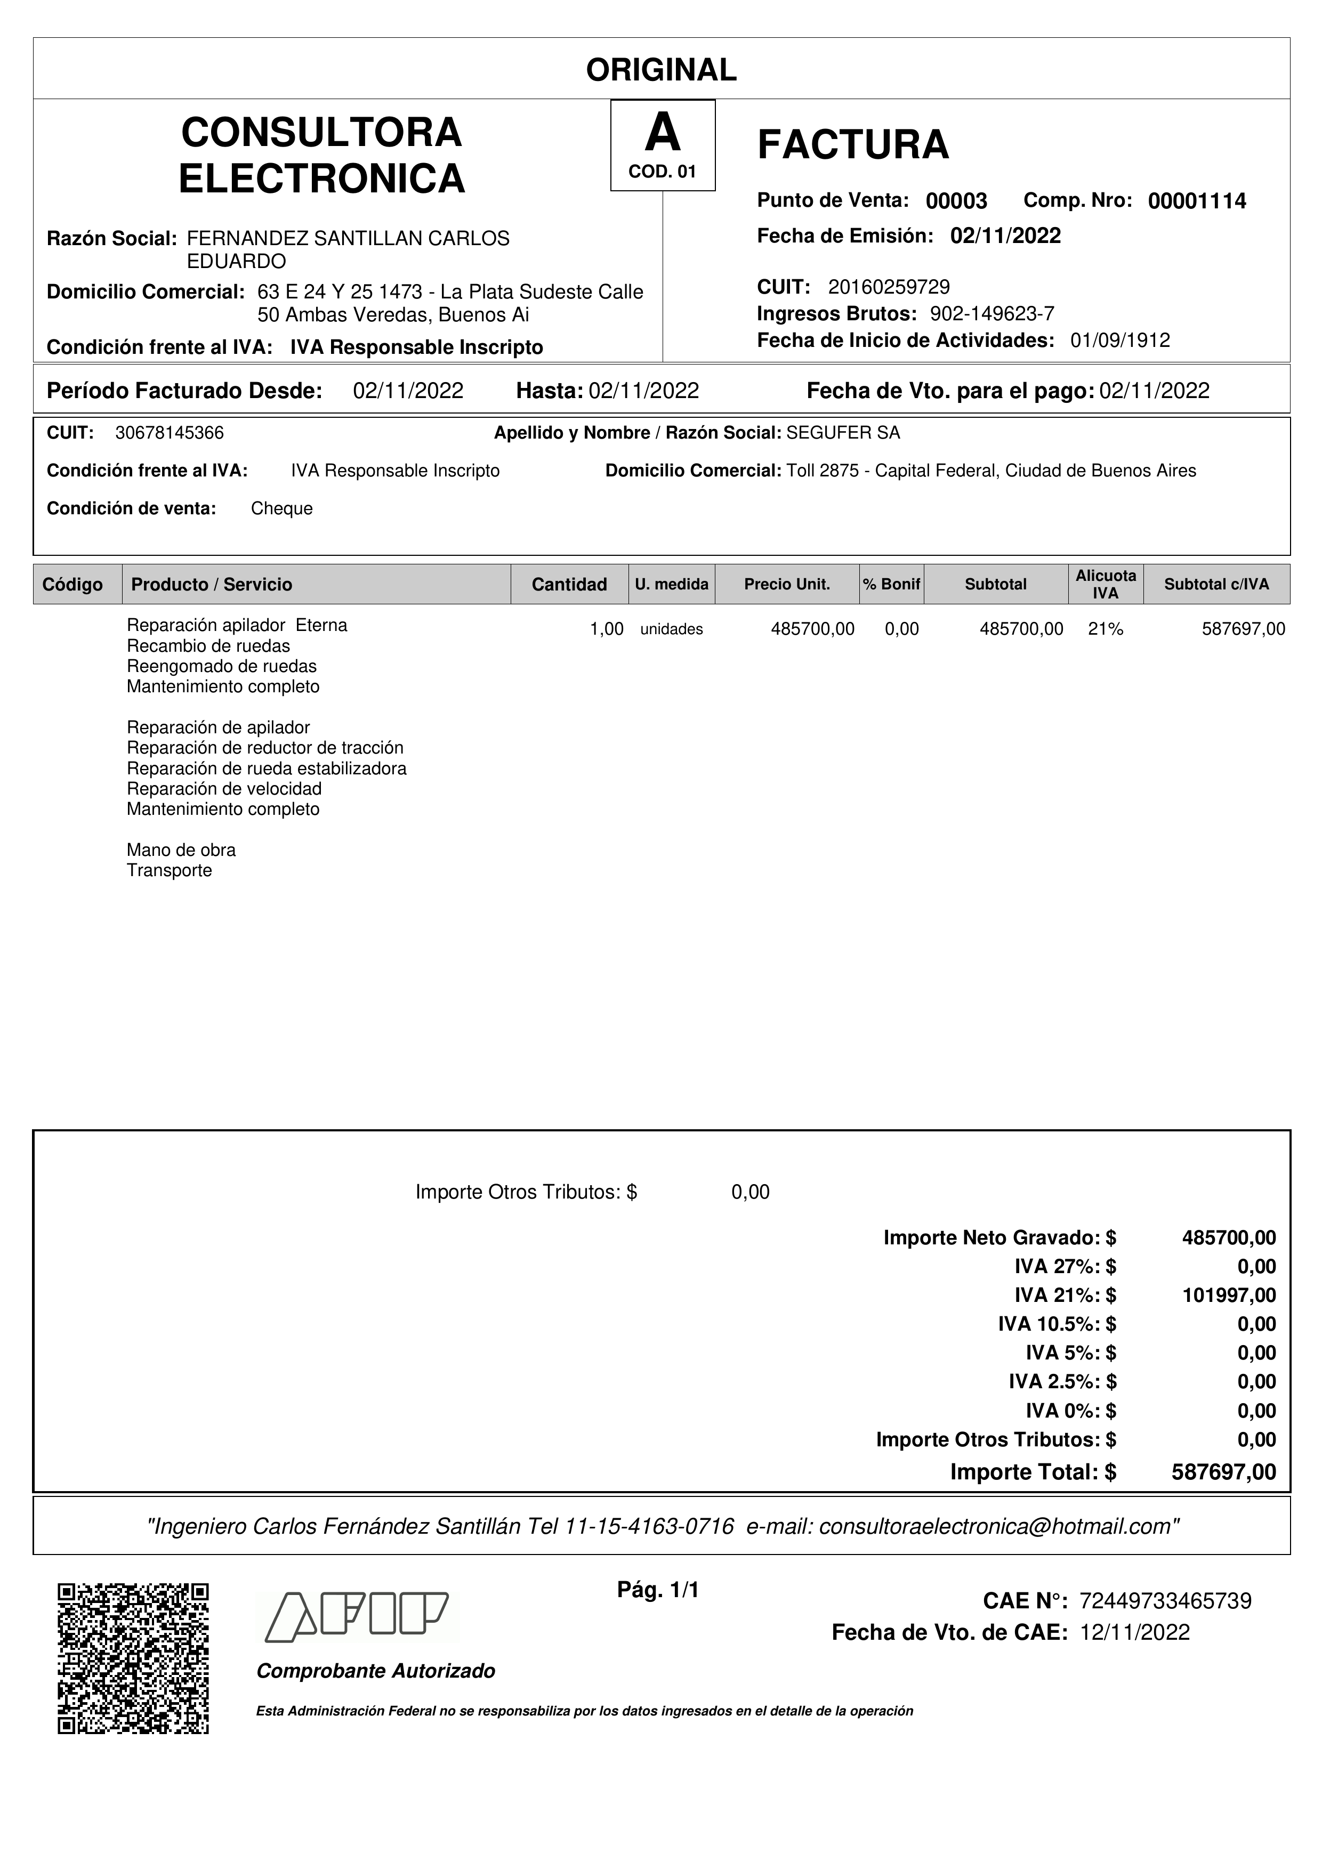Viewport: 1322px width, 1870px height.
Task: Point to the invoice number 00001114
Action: [1197, 201]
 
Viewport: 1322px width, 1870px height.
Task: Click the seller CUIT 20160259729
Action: [889, 287]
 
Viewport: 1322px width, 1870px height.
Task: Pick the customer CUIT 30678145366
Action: [170, 433]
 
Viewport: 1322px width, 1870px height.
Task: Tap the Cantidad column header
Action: [569, 584]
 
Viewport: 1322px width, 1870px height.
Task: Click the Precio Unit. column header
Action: [786, 584]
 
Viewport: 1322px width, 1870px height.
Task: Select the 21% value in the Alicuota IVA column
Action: [1106, 629]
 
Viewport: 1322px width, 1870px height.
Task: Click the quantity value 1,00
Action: [606, 629]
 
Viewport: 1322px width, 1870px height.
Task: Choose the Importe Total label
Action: [1032, 1472]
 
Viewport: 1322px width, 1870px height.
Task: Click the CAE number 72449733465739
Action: [1165, 1601]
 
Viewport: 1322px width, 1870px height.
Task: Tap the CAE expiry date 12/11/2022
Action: [1135, 1632]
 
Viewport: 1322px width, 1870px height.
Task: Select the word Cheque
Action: [282, 509]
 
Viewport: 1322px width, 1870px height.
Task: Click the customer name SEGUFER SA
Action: [843, 433]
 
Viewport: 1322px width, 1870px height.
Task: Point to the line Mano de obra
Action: [181, 851]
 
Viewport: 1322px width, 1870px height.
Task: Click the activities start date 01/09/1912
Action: [1120, 341]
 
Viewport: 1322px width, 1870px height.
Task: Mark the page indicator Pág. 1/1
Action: [658, 1589]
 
